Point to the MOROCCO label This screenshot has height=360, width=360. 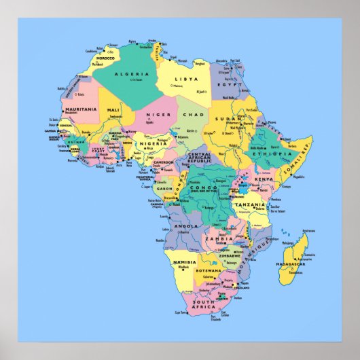[105, 58]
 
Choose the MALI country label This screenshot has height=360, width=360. [113, 110]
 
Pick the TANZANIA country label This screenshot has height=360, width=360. [249, 204]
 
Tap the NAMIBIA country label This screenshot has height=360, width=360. [184, 262]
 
